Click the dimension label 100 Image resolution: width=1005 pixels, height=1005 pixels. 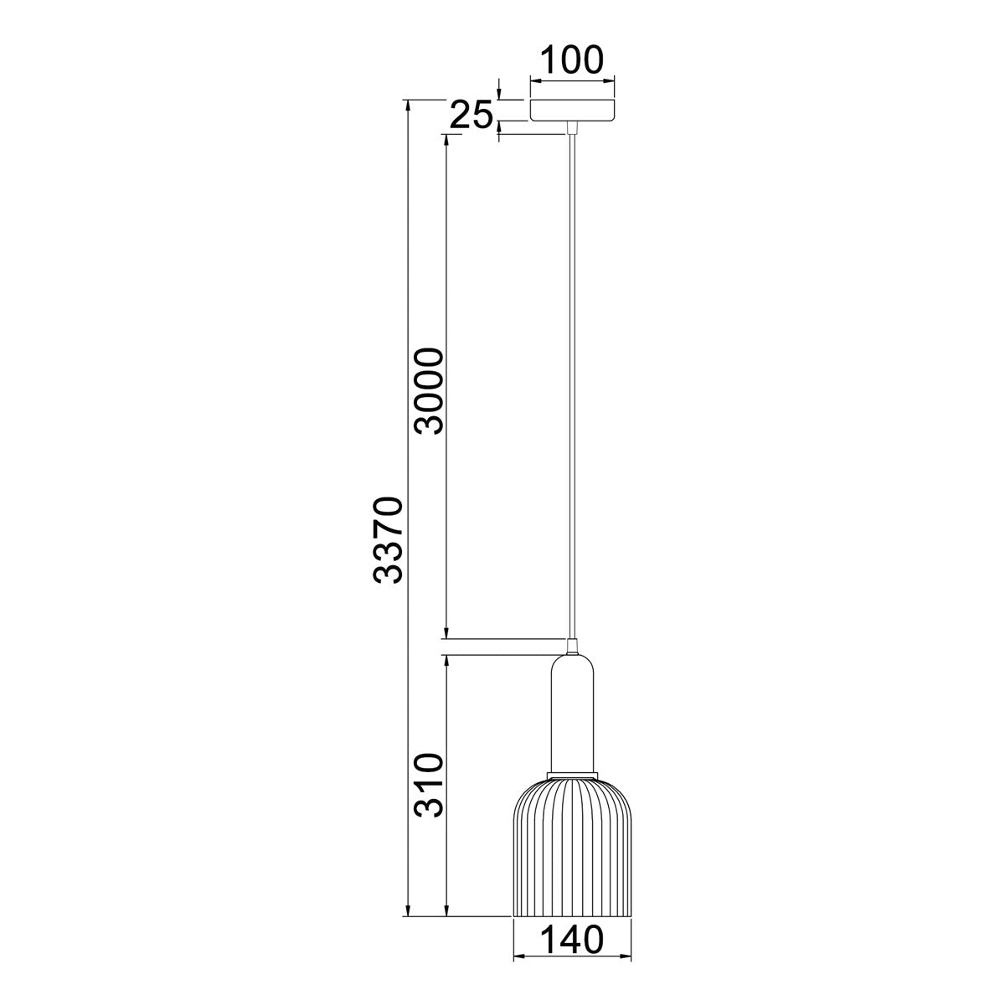click(572, 59)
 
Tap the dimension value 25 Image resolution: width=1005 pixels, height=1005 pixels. click(471, 116)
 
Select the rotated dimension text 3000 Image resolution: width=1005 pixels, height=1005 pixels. click(429, 389)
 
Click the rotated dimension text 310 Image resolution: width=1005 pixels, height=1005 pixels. click(429, 785)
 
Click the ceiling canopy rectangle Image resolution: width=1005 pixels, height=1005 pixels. click(572, 110)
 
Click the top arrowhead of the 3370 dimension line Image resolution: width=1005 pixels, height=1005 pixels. click(408, 106)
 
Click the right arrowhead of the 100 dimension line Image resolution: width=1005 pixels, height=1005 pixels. click(611, 80)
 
